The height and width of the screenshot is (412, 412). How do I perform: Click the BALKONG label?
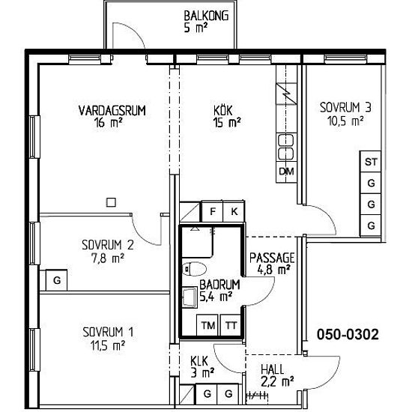point(206,16)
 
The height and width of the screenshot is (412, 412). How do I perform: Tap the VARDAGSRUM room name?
point(112,111)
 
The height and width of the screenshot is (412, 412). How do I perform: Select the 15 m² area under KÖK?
point(227,122)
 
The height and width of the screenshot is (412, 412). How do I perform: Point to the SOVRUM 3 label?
point(345,107)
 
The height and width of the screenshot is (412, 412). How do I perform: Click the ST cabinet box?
point(371,161)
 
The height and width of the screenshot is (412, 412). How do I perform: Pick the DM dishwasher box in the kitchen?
point(286,172)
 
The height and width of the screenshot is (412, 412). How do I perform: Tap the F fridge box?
point(212,211)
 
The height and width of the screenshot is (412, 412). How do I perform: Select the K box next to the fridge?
point(234,211)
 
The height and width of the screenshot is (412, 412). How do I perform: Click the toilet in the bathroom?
point(194,269)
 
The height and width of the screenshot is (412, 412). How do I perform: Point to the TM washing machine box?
point(207,325)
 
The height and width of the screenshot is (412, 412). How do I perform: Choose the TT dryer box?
point(231,325)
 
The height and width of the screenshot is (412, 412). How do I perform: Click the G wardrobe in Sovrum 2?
point(56,280)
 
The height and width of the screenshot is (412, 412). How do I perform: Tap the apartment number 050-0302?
point(348,335)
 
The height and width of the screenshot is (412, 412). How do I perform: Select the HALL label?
point(273,369)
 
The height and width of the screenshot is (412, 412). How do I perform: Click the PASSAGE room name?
point(272,258)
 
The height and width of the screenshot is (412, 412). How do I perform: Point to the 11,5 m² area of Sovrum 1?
point(108,345)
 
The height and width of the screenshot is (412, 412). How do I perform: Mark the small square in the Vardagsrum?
point(111,202)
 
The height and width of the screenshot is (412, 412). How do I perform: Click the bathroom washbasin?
point(190,297)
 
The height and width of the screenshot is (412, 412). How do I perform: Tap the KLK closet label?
point(199,361)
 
